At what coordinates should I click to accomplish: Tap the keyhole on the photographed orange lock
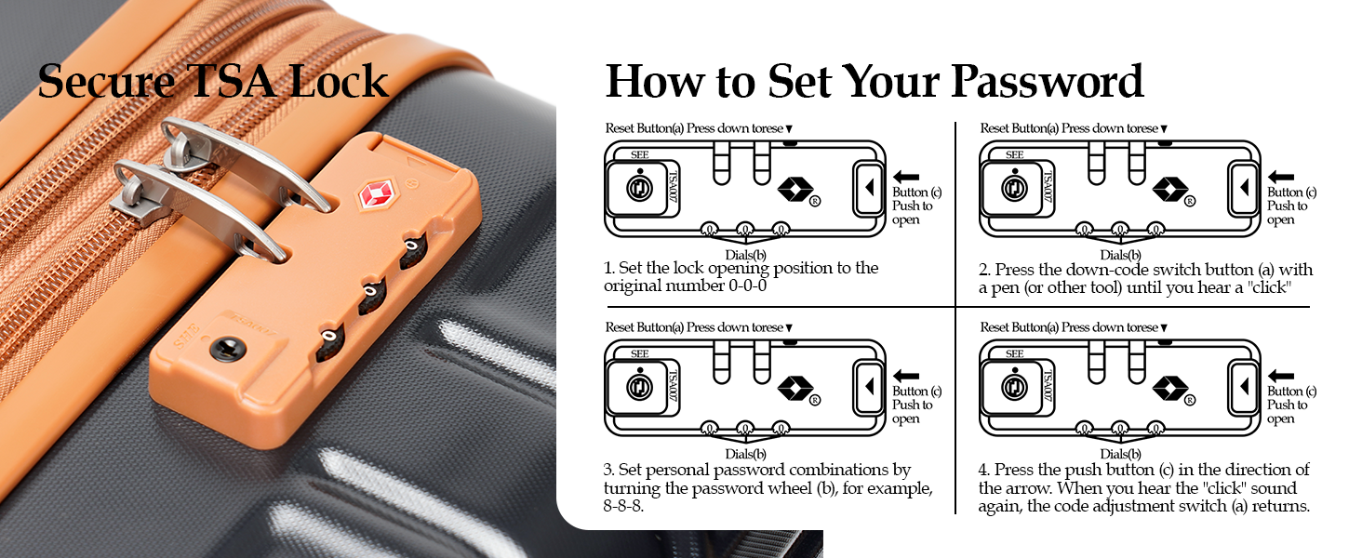click(223, 349)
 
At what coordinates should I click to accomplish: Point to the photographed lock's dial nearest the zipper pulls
click(412, 252)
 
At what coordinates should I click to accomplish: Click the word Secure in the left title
click(107, 81)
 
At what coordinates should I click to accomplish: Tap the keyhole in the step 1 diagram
click(640, 189)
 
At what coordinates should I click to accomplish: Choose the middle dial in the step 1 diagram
click(744, 229)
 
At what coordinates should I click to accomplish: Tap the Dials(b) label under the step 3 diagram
click(745, 454)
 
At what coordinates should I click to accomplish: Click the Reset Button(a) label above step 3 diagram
click(644, 327)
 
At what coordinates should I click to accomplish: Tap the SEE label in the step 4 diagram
click(1014, 354)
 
